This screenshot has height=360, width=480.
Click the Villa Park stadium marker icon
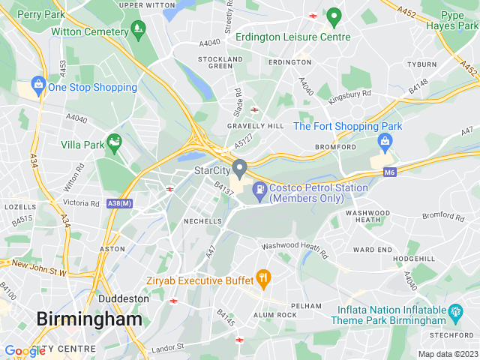pyautogui.click(x=114, y=140)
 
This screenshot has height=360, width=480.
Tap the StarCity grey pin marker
pyautogui.click(x=239, y=166)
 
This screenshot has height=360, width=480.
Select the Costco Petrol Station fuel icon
pyautogui.click(x=259, y=189)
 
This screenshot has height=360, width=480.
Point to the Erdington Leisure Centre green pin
pyautogui.click(x=334, y=16)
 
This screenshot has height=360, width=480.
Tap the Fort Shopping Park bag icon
pyautogui.click(x=385, y=140)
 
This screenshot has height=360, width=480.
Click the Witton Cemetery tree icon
pyautogui.click(x=138, y=30)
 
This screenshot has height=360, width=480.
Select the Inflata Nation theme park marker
pyautogui.click(x=454, y=310)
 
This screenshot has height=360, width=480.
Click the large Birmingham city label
pyautogui.click(x=89, y=319)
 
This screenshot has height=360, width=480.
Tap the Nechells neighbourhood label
pyautogui.click(x=203, y=221)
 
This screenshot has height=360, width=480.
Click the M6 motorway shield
pyautogui.click(x=388, y=172)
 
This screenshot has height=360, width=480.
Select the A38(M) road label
pyautogui.click(x=119, y=203)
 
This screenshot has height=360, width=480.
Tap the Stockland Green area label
pyautogui.click(x=220, y=62)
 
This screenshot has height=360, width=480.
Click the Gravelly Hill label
pyautogui.click(x=256, y=126)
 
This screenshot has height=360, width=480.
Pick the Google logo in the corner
pyautogui.click(x=25, y=351)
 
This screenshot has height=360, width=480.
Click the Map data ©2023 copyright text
pyautogui.click(x=447, y=354)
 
